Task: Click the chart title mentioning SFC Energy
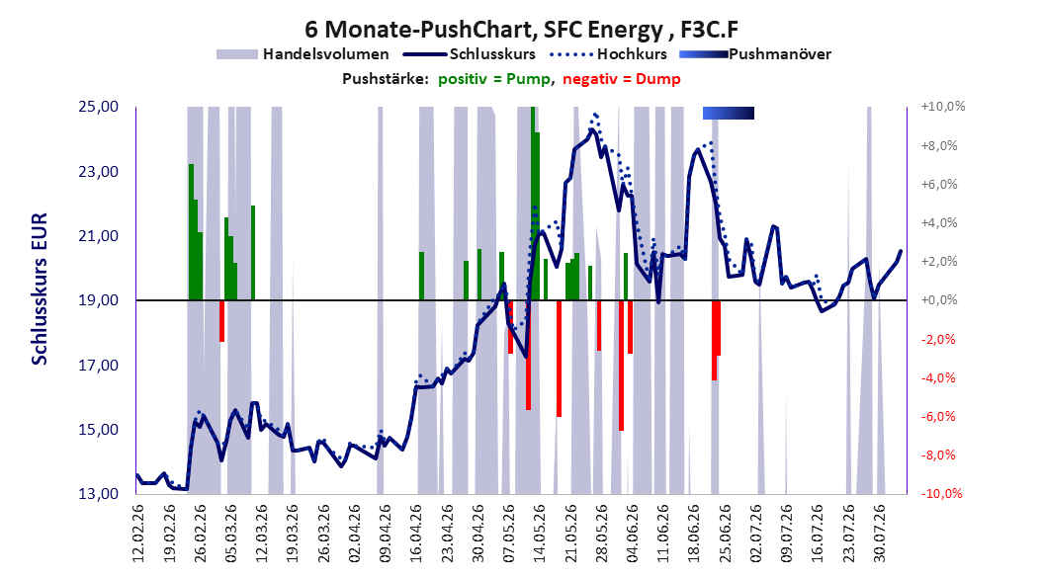point(521,30)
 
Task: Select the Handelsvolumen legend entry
point(303,54)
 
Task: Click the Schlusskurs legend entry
point(470,54)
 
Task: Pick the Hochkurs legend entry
point(608,54)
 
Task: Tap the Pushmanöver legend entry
point(755,54)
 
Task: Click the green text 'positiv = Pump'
point(494,79)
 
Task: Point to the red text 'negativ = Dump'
point(622,79)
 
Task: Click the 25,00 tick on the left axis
point(98,107)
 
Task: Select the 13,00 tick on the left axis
point(98,494)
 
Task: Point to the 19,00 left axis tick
point(98,300)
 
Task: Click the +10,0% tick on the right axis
point(943,107)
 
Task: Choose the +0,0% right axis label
point(939,300)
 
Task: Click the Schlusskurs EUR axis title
point(40,289)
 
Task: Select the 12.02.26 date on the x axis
point(138,534)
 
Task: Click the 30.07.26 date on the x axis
point(880,534)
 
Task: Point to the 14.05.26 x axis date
point(540,534)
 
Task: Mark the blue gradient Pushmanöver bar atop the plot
point(729,113)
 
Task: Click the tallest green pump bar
point(533,204)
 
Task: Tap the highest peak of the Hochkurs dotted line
point(595,115)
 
